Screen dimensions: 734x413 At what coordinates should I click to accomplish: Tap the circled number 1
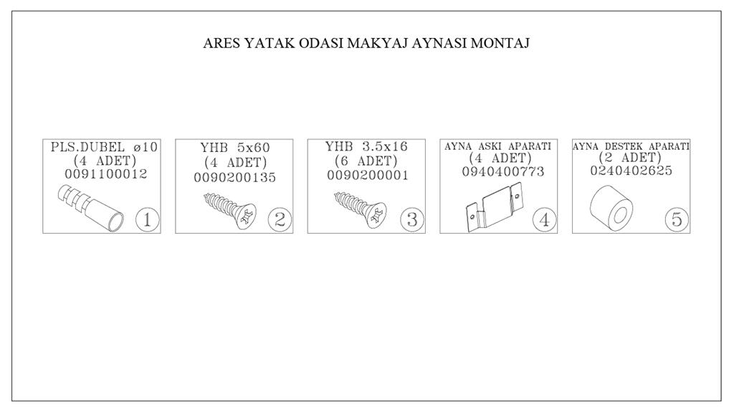click(148, 219)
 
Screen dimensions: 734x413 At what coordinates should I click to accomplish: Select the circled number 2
click(280, 219)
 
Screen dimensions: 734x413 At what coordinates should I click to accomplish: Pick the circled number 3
click(412, 219)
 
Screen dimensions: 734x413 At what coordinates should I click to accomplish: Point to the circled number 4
click(545, 219)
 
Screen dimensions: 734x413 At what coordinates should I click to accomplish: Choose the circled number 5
click(677, 219)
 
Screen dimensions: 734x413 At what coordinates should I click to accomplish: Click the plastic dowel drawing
click(91, 208)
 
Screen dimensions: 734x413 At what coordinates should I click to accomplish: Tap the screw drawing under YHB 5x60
click(230, 210)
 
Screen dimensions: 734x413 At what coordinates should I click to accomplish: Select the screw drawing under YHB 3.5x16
click(361, 210)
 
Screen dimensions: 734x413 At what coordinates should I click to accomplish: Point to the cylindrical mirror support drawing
click(611, 208)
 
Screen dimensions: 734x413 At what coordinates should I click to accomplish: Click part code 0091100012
click(106, 174)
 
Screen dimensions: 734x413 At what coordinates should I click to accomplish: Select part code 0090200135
click(235, 178)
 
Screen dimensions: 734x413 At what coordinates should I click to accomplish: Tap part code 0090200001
click(368, 176)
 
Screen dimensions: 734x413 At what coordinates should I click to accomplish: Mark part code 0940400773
click(503, 172)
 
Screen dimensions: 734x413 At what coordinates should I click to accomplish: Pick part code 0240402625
click(631, 171)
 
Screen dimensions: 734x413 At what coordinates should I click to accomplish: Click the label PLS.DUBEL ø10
click(105, 147)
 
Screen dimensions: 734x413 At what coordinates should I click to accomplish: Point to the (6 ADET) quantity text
click(366, 161)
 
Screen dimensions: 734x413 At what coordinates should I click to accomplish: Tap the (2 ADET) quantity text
click(630, 157)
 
